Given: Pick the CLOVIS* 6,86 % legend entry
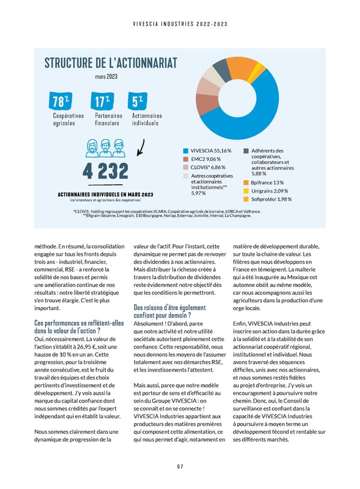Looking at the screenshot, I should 207,167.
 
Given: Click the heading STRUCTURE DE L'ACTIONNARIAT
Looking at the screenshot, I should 110,64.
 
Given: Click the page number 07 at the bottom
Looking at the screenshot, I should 179,467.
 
